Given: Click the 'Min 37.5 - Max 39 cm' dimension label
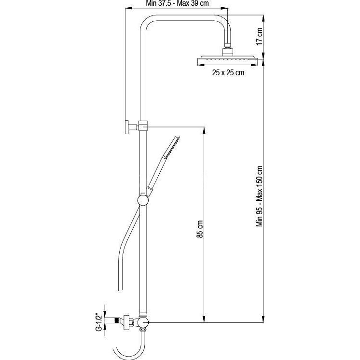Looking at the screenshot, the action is click(177, 3).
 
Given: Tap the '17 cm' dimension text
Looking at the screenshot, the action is click(259, 37).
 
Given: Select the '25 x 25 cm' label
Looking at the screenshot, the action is click(228, 72).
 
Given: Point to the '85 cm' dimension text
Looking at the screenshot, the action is click(200, 229).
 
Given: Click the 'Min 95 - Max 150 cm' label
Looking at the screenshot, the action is click(260, 196).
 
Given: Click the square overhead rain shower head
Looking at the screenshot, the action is click(228, 60).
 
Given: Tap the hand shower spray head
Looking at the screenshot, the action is click(171, 147).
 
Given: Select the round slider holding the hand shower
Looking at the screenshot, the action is click(143, 200).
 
